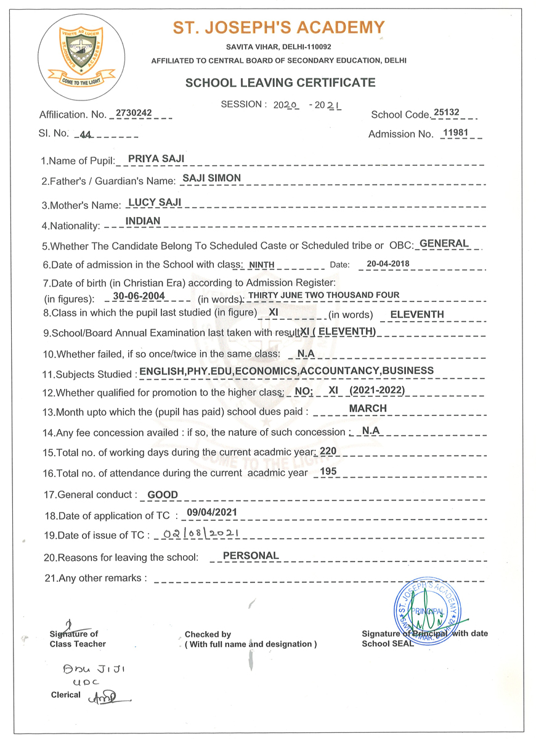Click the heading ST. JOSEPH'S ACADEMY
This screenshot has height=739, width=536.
pyautogui.click(x=278, y=28)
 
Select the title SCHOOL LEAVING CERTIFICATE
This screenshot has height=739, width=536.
pyautogui.click(x=280, y=83)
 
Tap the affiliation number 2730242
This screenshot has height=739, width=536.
pyautogui.click(x=134, y=113)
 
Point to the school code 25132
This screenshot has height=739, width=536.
pyautogui.click(x=446, y=113)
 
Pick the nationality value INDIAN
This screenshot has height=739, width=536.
pyautogui.click(x=142, y=221)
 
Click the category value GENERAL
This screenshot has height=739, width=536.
pyautogui.click(x=444, y=243)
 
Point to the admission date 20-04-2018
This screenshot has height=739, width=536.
pyautogui.click(x=388, y=264)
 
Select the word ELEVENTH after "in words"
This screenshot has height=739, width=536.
pyautogui.click(x=417, y=314)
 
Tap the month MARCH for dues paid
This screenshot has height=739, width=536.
pyautogui.click(x=368, y=408)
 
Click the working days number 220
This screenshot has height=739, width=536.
pyautogui.click(x=328, y=451)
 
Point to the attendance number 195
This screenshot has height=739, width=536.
pyautogui.click(x=328, y=472)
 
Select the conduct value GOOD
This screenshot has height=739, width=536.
pyautogui.click(x=163, y=494)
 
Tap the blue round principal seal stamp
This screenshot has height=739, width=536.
pyautogui.click(x=428, y=613)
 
